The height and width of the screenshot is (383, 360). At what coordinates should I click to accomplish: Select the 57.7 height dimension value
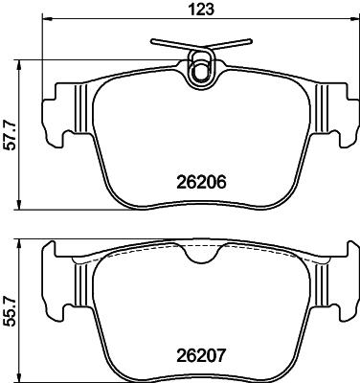[x=11, y=135]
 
